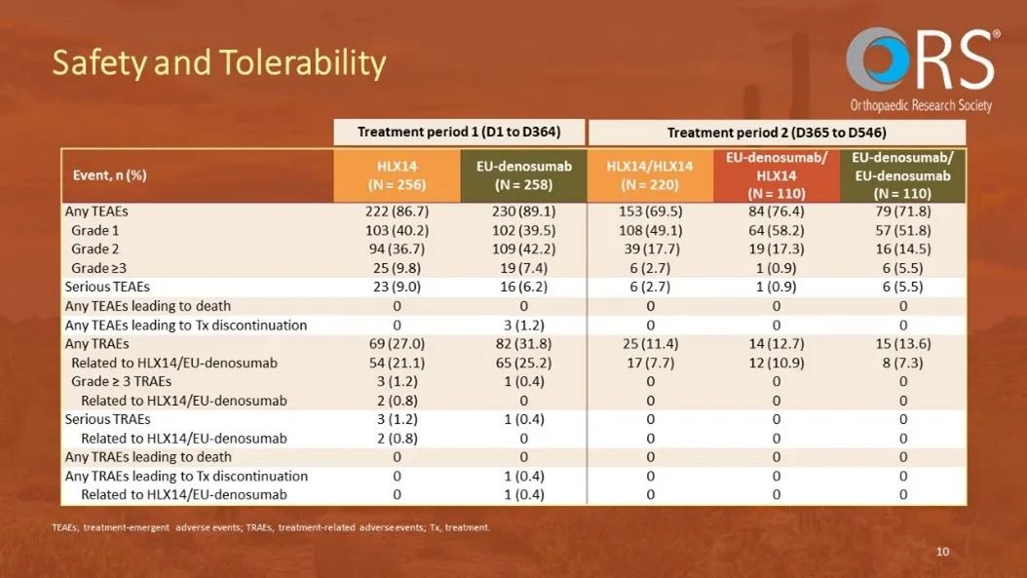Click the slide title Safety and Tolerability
pyautogui.click(x=219, y=63)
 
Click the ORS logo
pyautogui.click(x=921, y=68)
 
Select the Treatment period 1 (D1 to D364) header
pyautogui.click(x=458, y=132)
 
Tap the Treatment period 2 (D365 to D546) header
pyautogui.click(x=777, y=132)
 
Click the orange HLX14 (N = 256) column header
pyautogui.click(x=397, y=174)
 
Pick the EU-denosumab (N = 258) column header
pyautogui.click(x=523, y=174)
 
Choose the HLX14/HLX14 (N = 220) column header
pyautogui.click(x=650, y=174)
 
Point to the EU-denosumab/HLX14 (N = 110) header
pyautogui.click(x=777, y=174)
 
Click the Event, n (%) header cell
pyautogui.click(x=110, y=175)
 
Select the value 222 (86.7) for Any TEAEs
pyautogui.click(x=397, y=211)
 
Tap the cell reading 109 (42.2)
pyautogui.click(x=523, y=249)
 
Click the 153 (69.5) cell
pyautogui.click(x=650, y=211)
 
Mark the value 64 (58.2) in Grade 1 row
pyautogui.click(x=777, y=230)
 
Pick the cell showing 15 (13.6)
pyautogui.click(x=903, y=343)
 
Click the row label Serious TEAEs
pyautogui.click(x=107, y=287)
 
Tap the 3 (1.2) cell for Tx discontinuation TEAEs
pyautogui.click(x=523, y=325)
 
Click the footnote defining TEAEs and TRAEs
pyautogui.click(x=272, y=528)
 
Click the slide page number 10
pyautogui.click(x=942, y=552)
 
